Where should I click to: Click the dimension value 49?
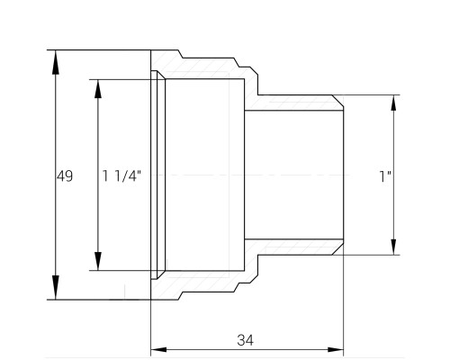click(65, 176)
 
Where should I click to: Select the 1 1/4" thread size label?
click(121, 175)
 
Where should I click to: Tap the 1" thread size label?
click(385, 176)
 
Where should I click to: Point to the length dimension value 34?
click(245, 340)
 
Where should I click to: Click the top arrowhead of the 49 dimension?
click(56, 62)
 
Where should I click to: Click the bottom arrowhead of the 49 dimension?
click(56, 287)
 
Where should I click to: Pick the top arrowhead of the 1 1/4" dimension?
click(98, 89)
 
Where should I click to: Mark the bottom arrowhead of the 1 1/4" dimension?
click(98, 261)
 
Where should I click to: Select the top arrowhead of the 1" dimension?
click(393, 103)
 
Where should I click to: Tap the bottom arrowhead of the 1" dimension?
click(393, 247)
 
